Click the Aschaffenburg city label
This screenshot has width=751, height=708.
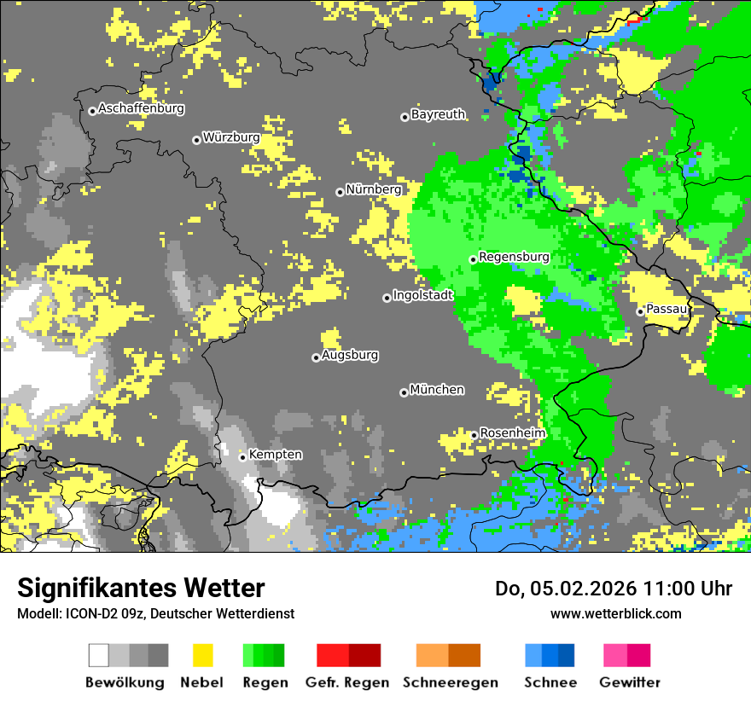141,109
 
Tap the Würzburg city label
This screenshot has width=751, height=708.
230,138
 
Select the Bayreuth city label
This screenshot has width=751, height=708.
438,114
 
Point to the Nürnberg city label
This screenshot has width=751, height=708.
373,189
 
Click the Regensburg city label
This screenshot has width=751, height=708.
514,257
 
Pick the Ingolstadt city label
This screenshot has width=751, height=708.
422,296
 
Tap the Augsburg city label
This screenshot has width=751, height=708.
350,356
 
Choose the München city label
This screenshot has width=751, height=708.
437,390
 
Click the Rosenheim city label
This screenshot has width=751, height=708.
512,433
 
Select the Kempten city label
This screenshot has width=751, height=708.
275,455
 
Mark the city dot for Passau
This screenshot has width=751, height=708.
640,311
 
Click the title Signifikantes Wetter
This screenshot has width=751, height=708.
141,589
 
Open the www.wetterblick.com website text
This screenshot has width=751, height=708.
615,613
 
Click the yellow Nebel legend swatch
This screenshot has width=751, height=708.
202,655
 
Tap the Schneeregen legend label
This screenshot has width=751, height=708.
450,682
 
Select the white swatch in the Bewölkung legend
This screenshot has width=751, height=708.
99,655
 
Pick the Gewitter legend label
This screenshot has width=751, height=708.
629,682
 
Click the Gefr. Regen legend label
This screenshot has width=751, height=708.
347,682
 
